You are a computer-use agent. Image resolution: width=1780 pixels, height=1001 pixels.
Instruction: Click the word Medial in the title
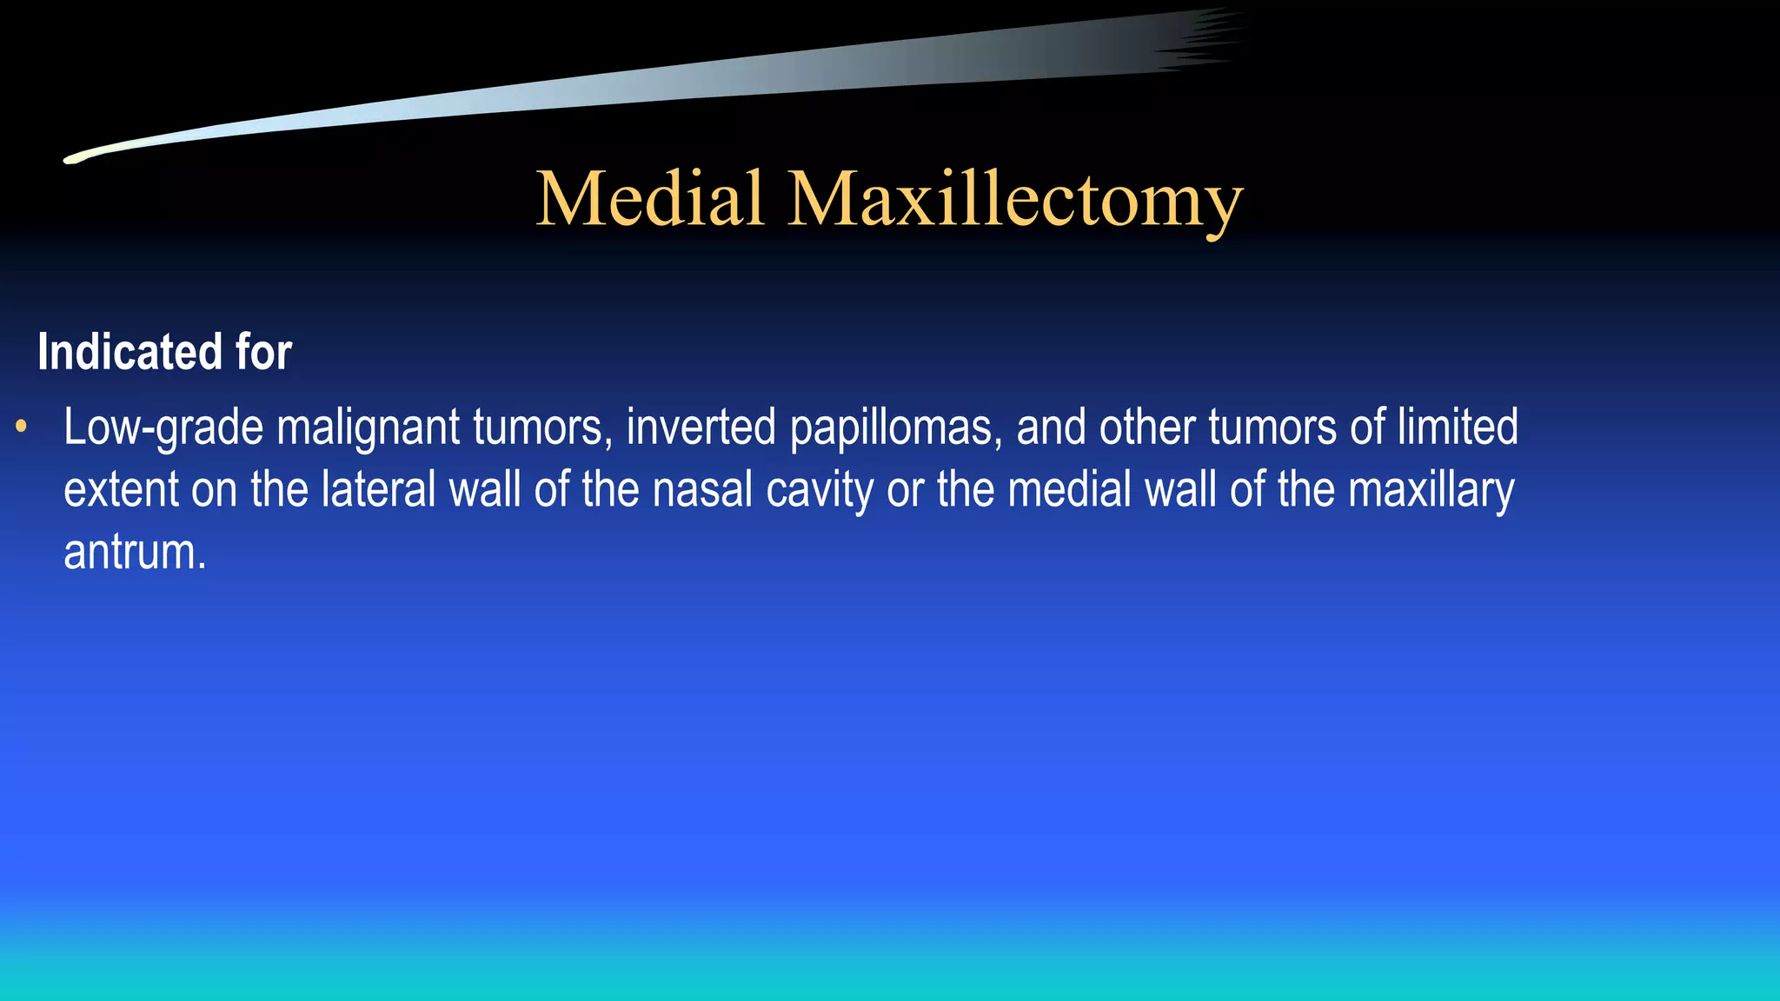(650, 199)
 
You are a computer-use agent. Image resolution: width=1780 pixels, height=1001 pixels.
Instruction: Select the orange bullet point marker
(22, 427)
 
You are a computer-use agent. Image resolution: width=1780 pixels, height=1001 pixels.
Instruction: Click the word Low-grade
(163, 428)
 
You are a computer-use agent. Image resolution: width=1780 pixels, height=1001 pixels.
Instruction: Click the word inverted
(701, 428)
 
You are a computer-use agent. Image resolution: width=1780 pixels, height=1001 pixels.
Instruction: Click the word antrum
(134, 553)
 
